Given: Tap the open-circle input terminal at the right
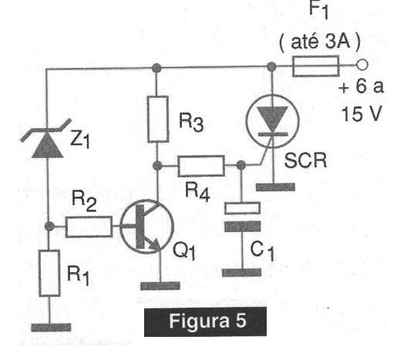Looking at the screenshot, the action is pos(362,65).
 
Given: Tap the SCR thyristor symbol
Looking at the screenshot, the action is pos(273,121).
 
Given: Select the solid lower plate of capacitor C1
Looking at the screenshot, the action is pos(243,227).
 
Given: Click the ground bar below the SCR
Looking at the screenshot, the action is pos(275,187).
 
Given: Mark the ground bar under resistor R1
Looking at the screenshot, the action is pos(51,328).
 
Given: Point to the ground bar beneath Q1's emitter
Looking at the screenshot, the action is pos(160,286).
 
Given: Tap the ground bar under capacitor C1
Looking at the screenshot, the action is pos(242,273).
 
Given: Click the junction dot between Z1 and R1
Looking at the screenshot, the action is pos(49,227).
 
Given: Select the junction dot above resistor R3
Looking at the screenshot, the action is pos(156,68).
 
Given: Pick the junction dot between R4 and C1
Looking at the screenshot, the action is pos(241,166).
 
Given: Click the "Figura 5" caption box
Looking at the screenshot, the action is pos(205,322).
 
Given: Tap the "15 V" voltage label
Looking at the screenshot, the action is pos(362,114).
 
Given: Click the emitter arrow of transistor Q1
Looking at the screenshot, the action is pos(155,244).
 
